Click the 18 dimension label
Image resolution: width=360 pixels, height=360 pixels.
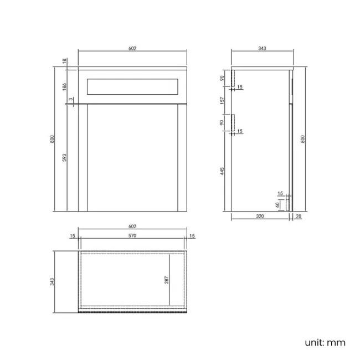pyautogui.click(x=64, y=61)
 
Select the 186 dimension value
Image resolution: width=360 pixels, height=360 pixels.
pyautogui.click(x=64, y=86)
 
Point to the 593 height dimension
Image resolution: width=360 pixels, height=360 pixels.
pyautogui.click(x=64, y=158)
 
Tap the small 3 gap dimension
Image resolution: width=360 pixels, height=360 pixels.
pyautogui.click(x=70, y=99)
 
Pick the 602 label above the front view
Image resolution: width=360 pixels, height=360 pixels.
pyautogui.click(x=132, y=49)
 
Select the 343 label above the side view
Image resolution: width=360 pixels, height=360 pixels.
pyautogui.click(x=262, y=49)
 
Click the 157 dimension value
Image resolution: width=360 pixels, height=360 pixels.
pyautogui.click(x=222, y=101)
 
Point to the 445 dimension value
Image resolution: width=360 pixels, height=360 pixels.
pyautogui.click(x=222, y=171)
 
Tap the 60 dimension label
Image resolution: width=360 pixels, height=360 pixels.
pyautogui.click(x=277, y=205)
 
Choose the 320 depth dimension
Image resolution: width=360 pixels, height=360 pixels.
pyautogui.click(x=260, y=217)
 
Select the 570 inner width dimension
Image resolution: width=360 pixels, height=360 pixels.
pyautogui.click(x=132, y=236)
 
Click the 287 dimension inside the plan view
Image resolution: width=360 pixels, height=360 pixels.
pyautogui.click(x=166, y=280)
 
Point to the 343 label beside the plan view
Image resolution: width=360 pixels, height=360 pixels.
pyautogui.click(x=52, y=281)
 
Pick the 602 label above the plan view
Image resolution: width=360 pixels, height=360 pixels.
pyautogui.click(x=132, y=227)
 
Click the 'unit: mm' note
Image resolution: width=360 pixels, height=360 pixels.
pyautogui.click(x=325, y=342)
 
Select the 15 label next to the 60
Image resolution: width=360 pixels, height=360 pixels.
pyautogui.click(x=280, y=193)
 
